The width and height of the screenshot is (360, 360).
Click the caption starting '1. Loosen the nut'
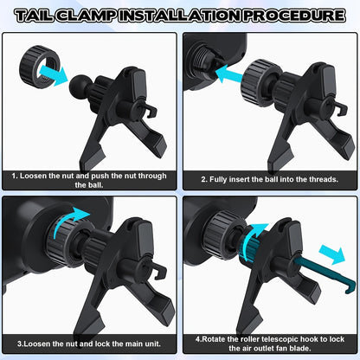click(89, 179)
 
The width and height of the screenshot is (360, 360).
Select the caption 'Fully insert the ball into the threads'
click(270, 179)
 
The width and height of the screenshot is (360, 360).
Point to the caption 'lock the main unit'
click(89, 340)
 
